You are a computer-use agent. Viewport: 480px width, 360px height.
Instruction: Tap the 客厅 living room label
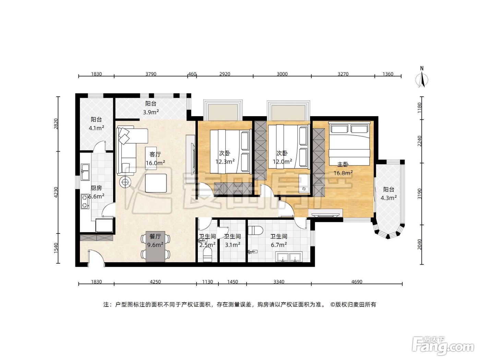point(155,154)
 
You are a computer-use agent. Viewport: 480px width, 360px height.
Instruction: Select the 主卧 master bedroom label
point(343,164)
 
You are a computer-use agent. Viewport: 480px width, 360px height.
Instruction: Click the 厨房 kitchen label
point(96,188)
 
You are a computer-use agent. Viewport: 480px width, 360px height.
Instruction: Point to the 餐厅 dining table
point(155,246)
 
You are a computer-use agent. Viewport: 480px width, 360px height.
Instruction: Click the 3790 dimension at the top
point(151,74)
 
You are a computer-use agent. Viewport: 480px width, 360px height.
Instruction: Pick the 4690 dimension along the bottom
point(357,282)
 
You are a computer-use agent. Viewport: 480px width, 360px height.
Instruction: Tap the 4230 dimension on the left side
point(56,192)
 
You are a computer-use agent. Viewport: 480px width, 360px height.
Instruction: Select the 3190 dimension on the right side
point(419,194)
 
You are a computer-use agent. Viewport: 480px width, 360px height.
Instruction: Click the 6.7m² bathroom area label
point(279,245)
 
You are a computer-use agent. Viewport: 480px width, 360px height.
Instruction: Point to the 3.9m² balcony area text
point(151,112)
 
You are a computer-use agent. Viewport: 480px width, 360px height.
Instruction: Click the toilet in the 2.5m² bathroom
point(207,256)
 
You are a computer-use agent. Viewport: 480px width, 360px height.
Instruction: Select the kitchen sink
point(85,172)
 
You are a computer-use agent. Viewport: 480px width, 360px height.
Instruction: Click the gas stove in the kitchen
point(85,201)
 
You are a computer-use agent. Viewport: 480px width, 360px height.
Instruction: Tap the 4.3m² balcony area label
point(389,198)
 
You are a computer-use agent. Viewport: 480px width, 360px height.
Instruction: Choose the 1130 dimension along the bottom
point(207,282)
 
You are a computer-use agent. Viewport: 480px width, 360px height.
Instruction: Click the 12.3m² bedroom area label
point(225,161)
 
